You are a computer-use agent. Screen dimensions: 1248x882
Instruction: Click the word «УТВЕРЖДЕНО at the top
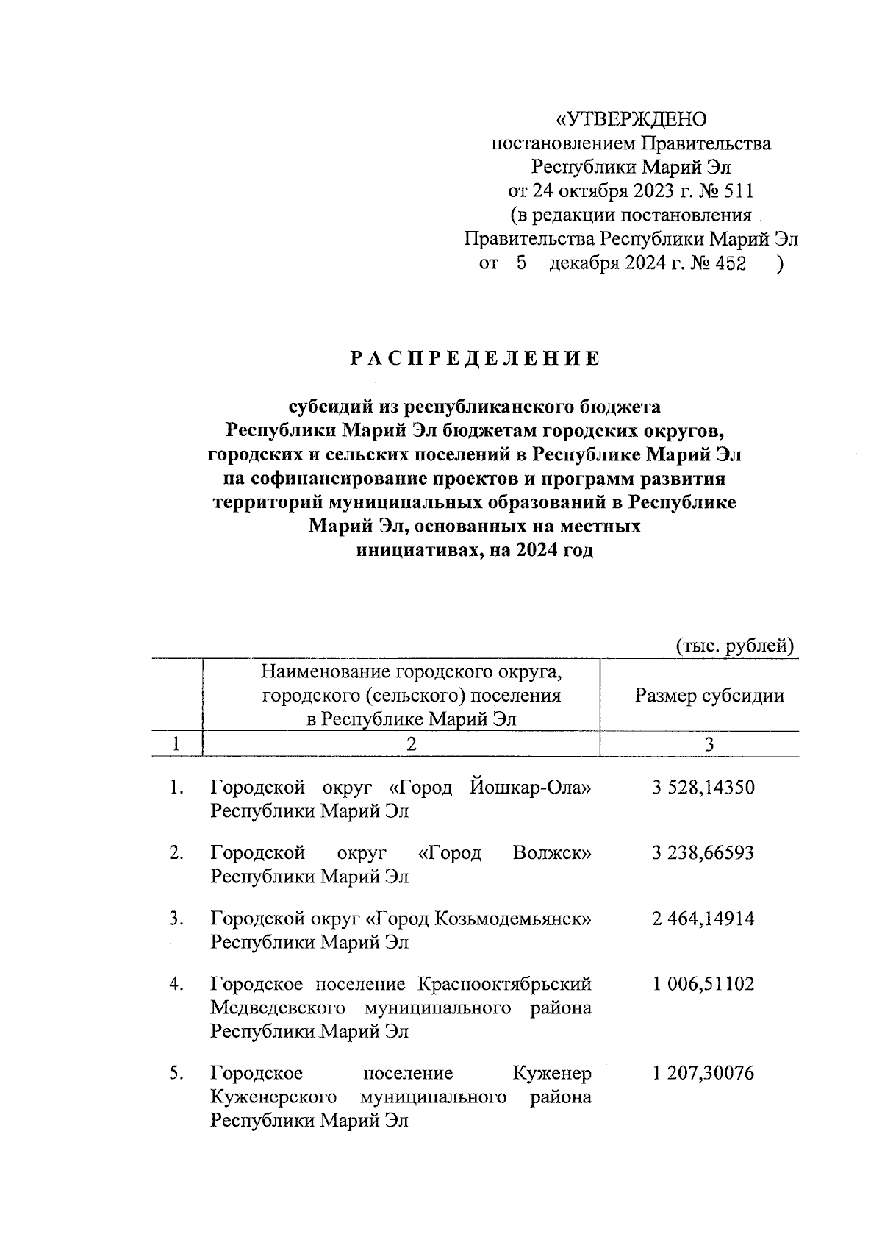(x=630, y=119)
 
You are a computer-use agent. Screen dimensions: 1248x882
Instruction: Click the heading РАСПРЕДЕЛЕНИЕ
(x=474, y=359)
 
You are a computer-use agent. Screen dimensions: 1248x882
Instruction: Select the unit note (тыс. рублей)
(x=735, y=646)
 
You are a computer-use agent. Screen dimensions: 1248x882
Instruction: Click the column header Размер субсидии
(x=709, y=696)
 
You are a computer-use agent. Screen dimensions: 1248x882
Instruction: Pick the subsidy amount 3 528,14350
(x=703, y=788)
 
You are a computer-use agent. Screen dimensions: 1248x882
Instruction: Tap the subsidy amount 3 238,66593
(x=703, y=853)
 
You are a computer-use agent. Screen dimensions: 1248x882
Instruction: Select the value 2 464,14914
(x=703, y=919)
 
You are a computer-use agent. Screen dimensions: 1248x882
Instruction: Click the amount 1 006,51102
(x=703, y=984)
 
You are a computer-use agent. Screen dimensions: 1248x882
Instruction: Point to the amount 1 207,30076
(x=703, y=1074)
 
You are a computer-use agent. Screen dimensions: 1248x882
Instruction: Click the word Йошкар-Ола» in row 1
(x=529, y=788)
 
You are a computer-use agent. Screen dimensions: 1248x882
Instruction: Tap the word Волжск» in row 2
(x=552, y=853)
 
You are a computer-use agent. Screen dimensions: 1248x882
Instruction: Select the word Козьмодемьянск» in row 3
(x=514, y=919)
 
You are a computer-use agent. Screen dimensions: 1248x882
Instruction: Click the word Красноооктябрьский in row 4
(x=504, y=984)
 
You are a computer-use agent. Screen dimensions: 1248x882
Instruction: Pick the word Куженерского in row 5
(x=273, y=1097)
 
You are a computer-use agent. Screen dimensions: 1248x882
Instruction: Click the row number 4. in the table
(x=176, y=984)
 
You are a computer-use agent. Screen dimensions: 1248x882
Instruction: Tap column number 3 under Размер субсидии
(x=709, y=744)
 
